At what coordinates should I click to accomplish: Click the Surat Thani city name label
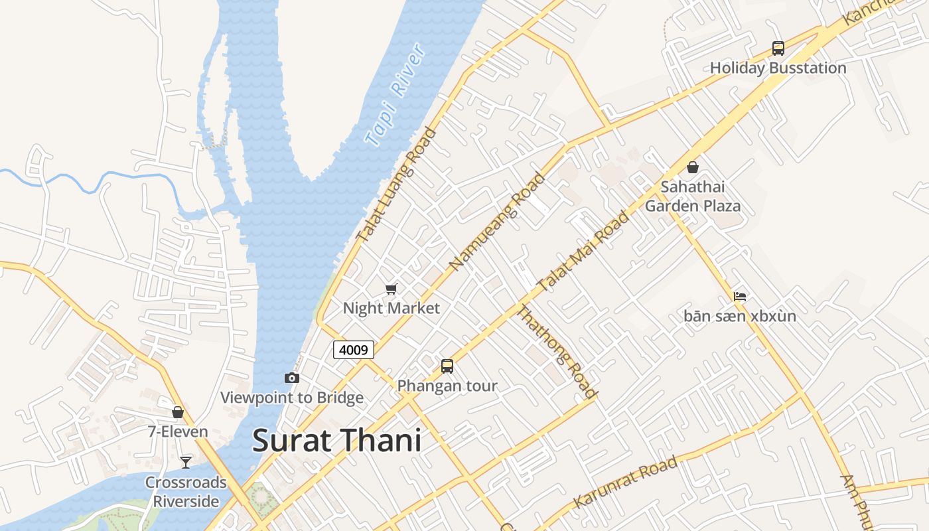(336, 441)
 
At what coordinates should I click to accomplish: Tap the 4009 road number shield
(354, 350)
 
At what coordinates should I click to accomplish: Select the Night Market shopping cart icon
(391, 289)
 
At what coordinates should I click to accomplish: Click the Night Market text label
(391, 308)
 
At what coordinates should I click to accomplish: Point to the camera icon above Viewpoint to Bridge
(291, 378)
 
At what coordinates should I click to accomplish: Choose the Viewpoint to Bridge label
(291, 398)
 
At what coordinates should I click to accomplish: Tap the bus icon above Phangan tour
(447, 366)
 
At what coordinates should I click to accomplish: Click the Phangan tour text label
(447, 386)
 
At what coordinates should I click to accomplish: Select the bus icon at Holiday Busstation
(778, 48)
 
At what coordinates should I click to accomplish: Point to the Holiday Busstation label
(778, 68)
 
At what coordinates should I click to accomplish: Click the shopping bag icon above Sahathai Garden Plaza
(693, 167)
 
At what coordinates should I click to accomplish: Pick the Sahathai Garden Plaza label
(693, 196)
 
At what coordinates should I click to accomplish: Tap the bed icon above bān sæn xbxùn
(740, 296)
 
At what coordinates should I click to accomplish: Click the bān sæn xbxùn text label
(739, 316)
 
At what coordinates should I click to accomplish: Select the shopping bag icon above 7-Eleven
(178, 412)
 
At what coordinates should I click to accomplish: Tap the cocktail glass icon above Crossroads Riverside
(186, 463)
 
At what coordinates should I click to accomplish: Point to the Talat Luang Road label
(396, 185)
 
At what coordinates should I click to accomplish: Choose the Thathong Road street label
(557, 352)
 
